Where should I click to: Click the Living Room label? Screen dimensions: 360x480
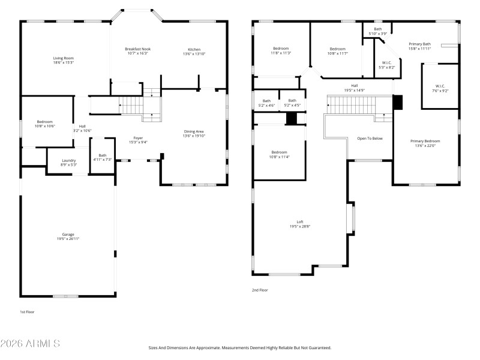(64, 58)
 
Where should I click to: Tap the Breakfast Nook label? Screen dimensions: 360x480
(137, 49)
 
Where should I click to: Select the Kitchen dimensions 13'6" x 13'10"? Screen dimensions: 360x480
(194, 54)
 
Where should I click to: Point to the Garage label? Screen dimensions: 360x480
(68, 234)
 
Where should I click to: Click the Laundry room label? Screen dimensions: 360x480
(69, 160)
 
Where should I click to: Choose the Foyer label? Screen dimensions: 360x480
(138, 137)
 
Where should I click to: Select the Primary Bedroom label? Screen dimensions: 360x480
(425, 141)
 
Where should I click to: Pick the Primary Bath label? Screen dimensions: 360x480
(419, 44)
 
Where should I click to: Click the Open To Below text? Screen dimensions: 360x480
(370, 138)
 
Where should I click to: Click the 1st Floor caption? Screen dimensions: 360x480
(28, 312)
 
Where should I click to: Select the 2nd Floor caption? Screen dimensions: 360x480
(260, 290)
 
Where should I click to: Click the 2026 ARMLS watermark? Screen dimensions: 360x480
(30, 344)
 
